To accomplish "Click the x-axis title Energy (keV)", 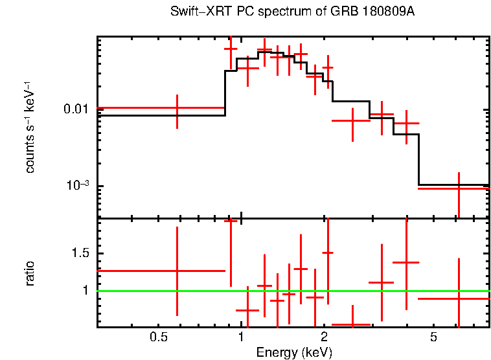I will pyautogui.click(x=294, y=352).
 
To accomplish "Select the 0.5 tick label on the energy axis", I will pyautogui.click(x=159, y=337).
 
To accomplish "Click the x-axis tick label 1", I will pyautogui.click(x=241, y=337).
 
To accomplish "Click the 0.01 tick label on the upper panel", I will pyautogui.click(x=76, y=109).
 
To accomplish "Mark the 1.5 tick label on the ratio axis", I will pyautogui.click(x=80, y=253).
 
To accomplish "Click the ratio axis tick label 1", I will pyautogui.click(x=85, y=291).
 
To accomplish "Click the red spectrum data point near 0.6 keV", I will pyautogui.click(x=177, y=108).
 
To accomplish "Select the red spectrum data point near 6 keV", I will pyautogui.click(x=459, y=188).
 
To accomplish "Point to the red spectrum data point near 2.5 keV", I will pyautogui.click(x=352, y=120).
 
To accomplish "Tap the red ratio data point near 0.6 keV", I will pyautogui.click(x=177, y=271).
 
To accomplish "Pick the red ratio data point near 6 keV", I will pyautogui.click(x=459, y=298).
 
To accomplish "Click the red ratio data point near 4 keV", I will pyautogui.click(x=406, y=262).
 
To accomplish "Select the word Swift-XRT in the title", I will pyautogui.click(x=194, y=12).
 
